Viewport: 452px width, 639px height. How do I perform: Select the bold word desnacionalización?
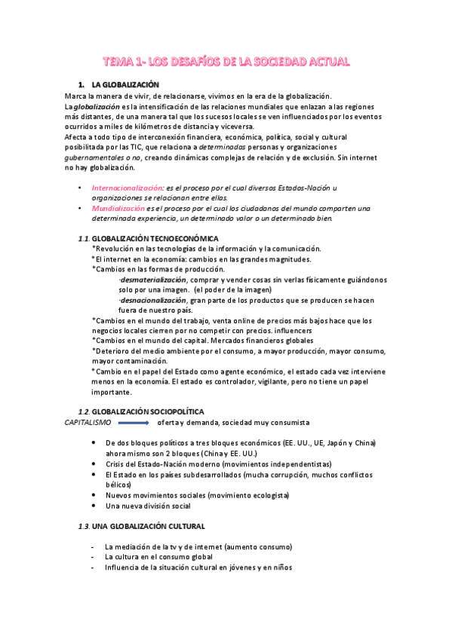coord(154,299)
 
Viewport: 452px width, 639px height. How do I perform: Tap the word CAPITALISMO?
coord(87,422)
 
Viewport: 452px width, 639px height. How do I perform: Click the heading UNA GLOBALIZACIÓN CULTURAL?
coord(153,525)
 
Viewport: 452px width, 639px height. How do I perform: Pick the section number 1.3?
coord(85,525)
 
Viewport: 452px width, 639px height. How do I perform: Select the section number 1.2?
coord(85,411)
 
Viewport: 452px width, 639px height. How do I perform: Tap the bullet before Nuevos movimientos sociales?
coord(93,495)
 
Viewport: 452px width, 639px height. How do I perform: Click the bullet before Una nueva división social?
coord(93,506)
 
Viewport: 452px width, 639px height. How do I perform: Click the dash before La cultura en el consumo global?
coord(92,557)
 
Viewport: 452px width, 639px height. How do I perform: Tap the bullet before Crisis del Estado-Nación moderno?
coord(93,464)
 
